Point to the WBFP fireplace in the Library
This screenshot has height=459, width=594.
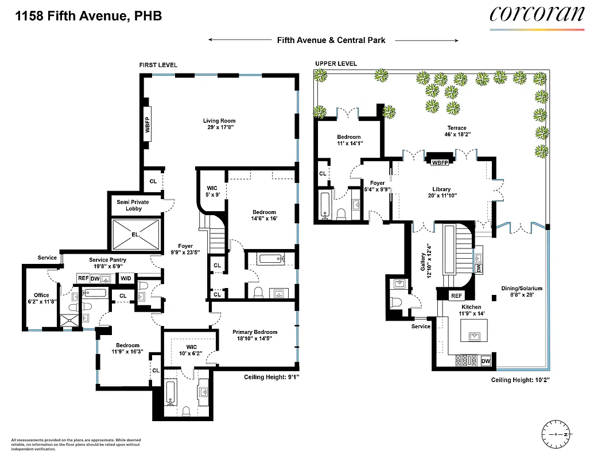click(440, 162)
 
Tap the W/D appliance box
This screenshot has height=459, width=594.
click(125, 279)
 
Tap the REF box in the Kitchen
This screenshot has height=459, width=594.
click(456, 296)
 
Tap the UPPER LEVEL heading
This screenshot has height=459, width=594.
click(336, 64)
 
